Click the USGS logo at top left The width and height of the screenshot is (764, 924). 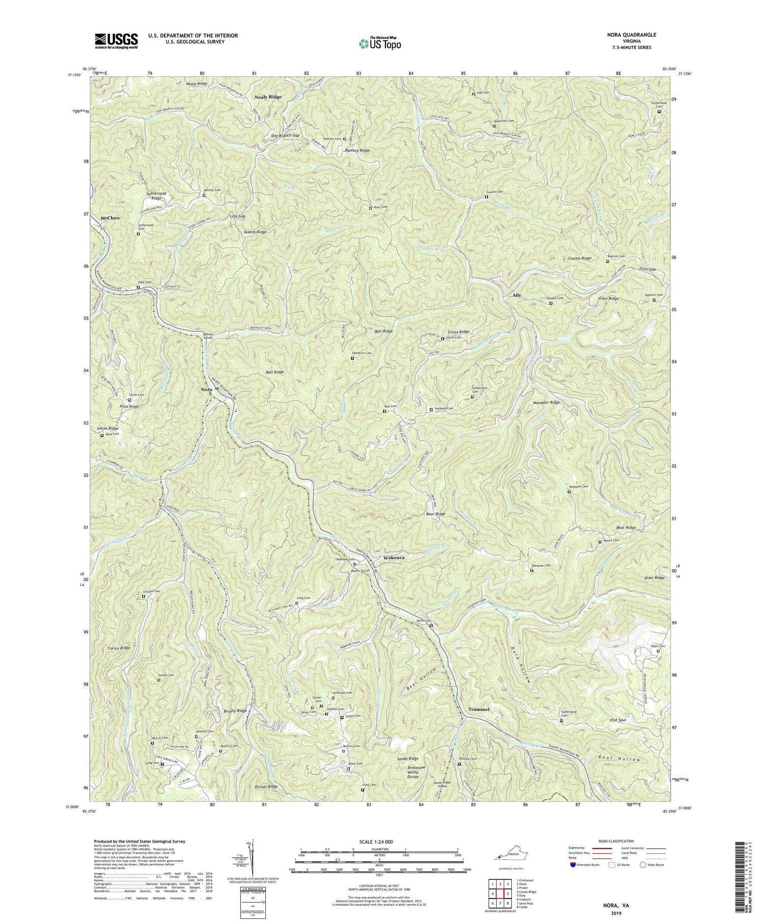coord(116,41)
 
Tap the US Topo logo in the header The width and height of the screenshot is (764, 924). coord(379,43)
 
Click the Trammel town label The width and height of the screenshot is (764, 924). coord(478,709)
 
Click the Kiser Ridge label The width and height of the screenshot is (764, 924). coord(653,578)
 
